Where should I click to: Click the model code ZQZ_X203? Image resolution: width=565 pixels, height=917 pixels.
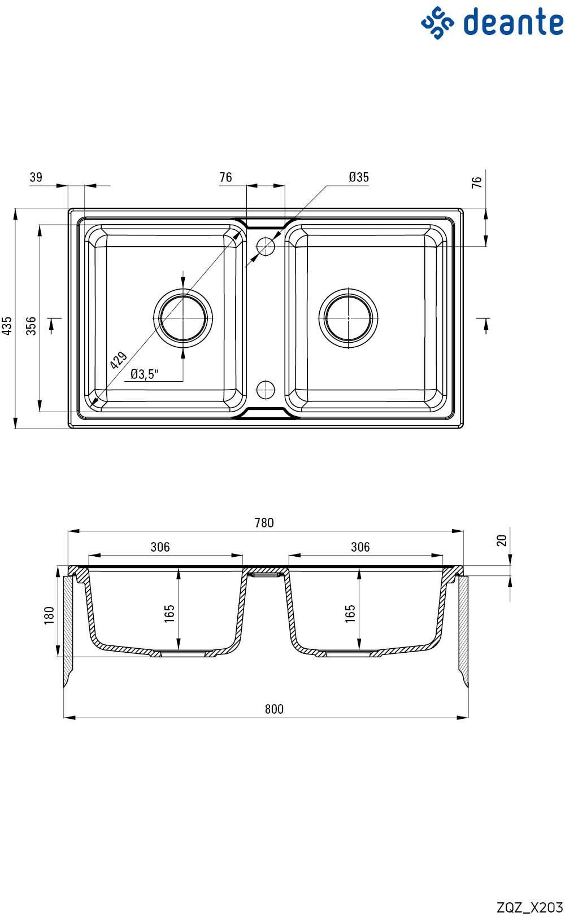529,907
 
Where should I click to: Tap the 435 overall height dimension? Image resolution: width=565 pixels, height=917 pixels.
7,326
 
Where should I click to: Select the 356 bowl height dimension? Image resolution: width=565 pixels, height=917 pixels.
31,326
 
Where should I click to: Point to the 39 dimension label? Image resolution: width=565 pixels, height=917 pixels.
36,177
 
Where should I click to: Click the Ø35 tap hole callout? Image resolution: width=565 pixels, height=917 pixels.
359,177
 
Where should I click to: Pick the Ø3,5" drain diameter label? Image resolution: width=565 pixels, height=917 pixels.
144,374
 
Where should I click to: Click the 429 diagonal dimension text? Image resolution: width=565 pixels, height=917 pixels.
119,360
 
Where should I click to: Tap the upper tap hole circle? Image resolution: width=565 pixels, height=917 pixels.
266,246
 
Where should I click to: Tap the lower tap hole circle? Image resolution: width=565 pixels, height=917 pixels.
266,389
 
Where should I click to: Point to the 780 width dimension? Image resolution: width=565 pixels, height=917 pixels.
264,523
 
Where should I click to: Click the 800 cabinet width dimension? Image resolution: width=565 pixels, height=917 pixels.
273,709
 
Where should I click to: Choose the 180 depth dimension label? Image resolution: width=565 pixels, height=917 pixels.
49,615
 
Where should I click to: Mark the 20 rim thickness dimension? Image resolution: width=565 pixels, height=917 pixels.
502,540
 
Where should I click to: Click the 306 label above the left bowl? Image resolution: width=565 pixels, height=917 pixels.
160,547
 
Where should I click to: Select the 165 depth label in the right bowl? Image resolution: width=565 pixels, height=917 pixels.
350,614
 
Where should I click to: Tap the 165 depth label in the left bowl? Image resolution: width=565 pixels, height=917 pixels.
169,614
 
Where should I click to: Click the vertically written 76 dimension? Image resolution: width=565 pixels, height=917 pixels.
476,182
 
